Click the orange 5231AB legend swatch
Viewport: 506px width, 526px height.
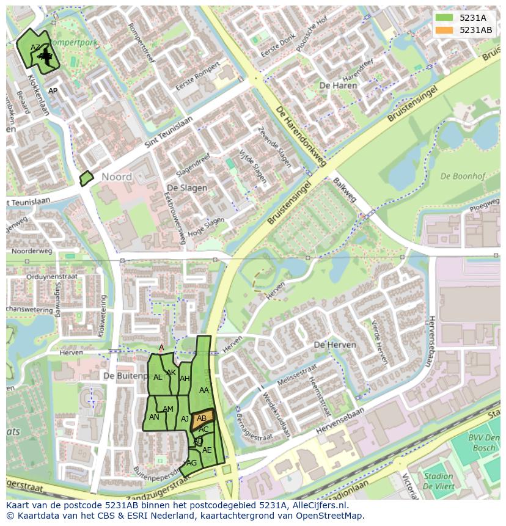tap(444, 31)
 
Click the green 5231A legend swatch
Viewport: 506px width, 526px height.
tap(444, 18)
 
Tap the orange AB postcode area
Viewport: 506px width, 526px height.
tap(202, 418)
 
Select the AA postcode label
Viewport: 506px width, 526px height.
tap(204, 390)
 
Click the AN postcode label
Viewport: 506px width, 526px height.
tap(154, 417)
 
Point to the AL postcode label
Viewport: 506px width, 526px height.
tap(158, 378)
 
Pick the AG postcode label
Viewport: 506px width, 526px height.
tap(192, 463)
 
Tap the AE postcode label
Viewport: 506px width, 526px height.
tap(207, 450)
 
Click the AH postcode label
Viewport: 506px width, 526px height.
tap(185, 379)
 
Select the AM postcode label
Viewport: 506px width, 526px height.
tap(168, 409)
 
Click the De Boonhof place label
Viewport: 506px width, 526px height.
tap(462, 177)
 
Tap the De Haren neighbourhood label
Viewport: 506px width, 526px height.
tap(338, 86)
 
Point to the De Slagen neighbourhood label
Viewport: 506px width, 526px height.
tap(186, 188)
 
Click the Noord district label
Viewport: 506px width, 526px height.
tap(116, 177)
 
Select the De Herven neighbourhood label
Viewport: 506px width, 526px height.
tap(334, 345)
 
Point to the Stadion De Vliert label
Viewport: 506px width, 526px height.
tap(438, 481)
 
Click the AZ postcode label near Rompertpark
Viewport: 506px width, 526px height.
tap(35, 48)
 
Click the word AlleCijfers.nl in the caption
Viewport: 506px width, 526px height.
tap(317, 505)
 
